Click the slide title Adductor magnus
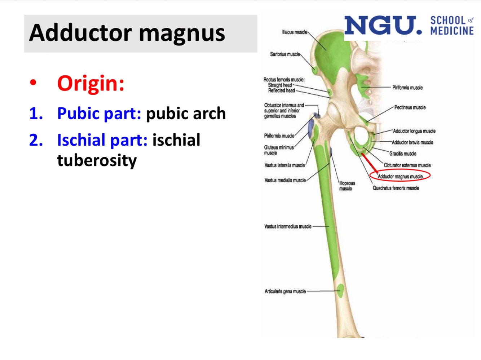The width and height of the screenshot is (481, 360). [x=127, y=33]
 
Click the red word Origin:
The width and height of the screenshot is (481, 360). [x=91, y=83]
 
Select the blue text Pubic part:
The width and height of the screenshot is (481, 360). [x=99, y=114]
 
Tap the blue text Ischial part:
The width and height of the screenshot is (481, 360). [x=102, y=140]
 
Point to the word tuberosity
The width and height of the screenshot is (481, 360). [x=97, y=160]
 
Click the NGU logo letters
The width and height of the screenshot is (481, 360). [x=382, y=26]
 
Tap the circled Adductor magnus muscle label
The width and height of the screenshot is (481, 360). [x=400, y=176]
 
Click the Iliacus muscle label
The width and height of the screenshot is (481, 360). [x=295, y=32]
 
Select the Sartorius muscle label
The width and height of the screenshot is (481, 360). [x=285, y=54]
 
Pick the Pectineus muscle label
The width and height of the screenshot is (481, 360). [x=410, y=107]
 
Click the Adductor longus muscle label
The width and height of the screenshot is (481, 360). [x=414, y=131]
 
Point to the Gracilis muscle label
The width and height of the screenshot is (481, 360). [x=402, y=154]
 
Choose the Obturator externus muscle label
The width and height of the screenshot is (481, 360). [x=407, y=165]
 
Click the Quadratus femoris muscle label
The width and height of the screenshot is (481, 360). [x=396, y=188]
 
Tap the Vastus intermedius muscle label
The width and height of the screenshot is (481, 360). [x=288, y=226]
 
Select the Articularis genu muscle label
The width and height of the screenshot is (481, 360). [x=285, y=291]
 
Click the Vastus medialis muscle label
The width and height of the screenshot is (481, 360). [x=285, y=180]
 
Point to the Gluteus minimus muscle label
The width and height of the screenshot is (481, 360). [x=279, y=150]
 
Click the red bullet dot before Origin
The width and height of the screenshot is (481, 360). [x=33, y=83]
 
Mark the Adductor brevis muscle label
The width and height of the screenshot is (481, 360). [x=412, y=142]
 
